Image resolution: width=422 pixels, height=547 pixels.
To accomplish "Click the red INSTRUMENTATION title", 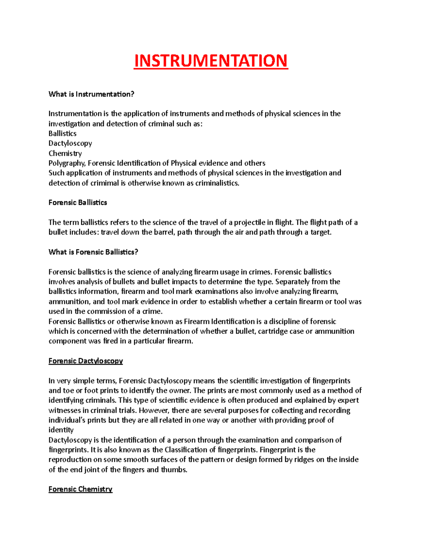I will click(x=211, y=61).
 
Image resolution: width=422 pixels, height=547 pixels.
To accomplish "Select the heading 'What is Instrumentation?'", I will click(x=91, y=94).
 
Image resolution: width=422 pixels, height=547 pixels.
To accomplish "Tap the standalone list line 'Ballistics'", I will click(x=62, y=133).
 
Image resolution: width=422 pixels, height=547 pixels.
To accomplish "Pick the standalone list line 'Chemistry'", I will click(x=65, y=153).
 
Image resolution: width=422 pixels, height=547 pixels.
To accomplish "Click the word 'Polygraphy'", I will click(x=67, y=163).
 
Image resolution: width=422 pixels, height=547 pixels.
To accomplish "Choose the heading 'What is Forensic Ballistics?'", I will click(x=93, y=252).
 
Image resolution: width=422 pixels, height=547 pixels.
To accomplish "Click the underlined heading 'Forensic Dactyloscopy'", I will click(x=85, y=361).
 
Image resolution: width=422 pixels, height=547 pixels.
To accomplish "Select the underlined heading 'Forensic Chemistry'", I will click(x=80, y=489).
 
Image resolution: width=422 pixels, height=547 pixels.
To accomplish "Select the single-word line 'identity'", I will click(x=61, y=430).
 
